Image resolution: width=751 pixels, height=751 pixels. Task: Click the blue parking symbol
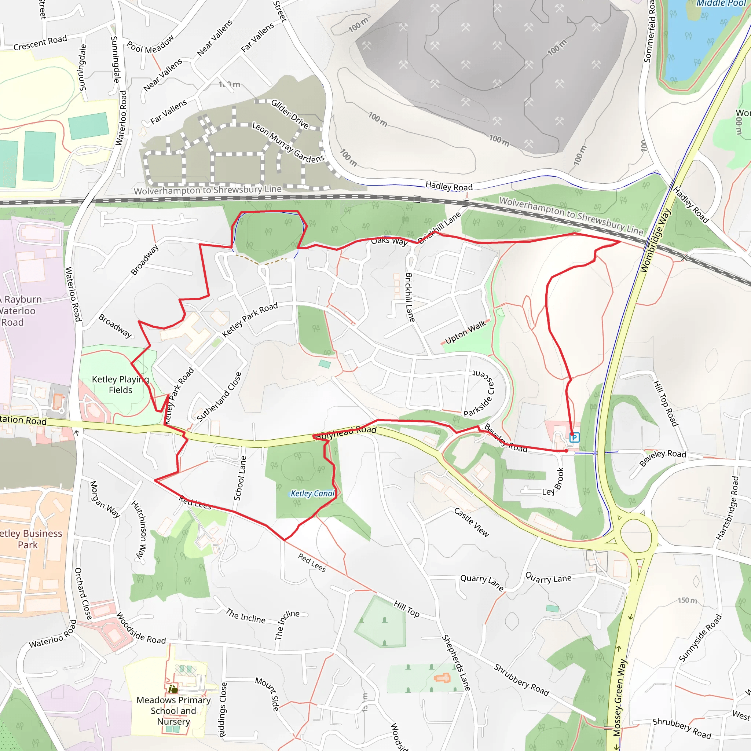point(574,437)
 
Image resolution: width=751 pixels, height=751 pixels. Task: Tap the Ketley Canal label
point(312,493)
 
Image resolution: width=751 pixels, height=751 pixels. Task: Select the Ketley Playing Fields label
point(120,384)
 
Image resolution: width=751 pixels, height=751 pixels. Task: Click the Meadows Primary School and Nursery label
point(173,711)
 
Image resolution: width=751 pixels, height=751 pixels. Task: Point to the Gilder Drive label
point(290,114)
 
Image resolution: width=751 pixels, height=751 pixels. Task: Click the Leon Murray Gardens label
point(288,143)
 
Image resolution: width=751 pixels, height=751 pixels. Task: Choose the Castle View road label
point(472,522)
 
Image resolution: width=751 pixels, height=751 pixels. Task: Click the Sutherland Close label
point(219,397)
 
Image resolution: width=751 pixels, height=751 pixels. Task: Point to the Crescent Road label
point(40,43)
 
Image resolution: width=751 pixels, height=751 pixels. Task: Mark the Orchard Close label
point(83,594)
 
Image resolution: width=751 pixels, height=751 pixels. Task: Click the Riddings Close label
point(222,710)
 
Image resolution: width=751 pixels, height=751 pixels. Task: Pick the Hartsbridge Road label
point(728,508)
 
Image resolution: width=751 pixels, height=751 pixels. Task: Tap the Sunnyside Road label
point(700,637)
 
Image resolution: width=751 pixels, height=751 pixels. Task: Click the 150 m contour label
point(687,601)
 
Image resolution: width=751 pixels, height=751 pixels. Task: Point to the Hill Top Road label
point(666,403)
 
